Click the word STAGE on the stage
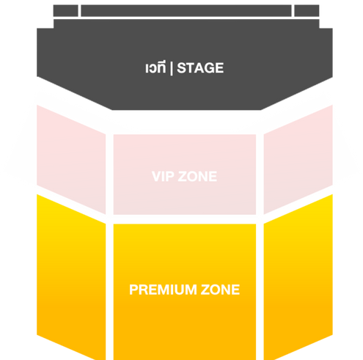[x=200, y=68]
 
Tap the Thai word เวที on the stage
[x=155, y=67]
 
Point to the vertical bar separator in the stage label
[x=171, y=68]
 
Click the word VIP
[x=163, y=176]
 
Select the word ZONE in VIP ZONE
[x=197, y=176]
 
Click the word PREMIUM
[x=163, y=290]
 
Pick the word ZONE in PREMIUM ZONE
[x=220, y=290]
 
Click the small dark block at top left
[x=65, y=11]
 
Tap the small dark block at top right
[x=307, y=11]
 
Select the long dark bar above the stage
[x=186, y=11]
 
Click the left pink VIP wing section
[x=71, y=159]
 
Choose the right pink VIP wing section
[x=298, y=159]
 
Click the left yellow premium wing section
[x=71, y=276]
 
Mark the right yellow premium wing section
[x=298, y=276]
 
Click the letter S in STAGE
[x=181, y=68]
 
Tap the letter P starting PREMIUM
[x=133, y=290]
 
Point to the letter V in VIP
[x=157, y=176]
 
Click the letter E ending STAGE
[x=219, y=68]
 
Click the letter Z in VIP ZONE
[x=182, y=176]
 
